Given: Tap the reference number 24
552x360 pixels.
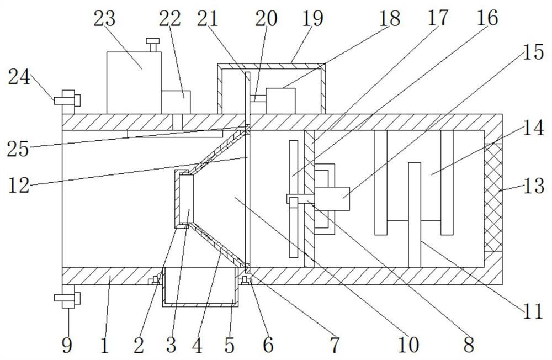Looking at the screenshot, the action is coord(19,77).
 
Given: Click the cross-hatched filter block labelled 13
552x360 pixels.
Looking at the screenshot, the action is coord(493,197).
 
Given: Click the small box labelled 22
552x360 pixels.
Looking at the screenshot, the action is coord(176,102).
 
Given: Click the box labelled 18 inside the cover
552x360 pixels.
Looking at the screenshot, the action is coord(280,100).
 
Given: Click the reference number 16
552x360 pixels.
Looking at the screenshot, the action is coord(486,19).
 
